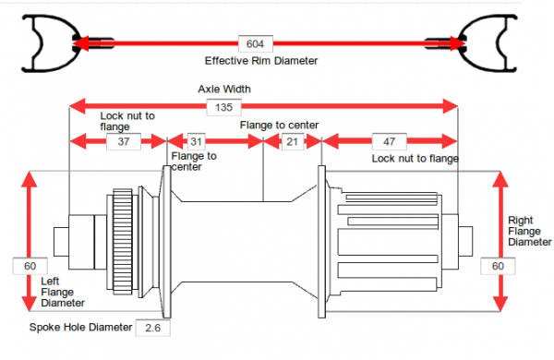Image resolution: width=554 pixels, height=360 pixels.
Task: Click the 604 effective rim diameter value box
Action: [x=256, y=43]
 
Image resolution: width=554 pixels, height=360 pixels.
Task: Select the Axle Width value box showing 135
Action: [x=223, y=107]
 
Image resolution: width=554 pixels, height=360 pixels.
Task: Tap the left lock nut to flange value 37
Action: [x=124, y=141]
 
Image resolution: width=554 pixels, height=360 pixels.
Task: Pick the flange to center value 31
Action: [x=196, y=141]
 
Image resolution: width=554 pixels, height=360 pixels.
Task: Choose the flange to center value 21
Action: [x=293, y=141]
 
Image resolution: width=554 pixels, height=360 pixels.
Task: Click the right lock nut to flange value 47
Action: [x=390, y=141]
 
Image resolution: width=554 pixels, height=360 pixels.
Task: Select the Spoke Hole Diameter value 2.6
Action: [x=152, y=328]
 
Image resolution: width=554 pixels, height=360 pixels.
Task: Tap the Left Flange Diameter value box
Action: [x=30, y=266]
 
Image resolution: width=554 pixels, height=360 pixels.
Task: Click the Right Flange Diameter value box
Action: [x=498, y=266]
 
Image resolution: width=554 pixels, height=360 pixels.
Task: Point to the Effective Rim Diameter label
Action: [x=261, y=61]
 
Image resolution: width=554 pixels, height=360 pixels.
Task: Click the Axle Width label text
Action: [x=224, y=89]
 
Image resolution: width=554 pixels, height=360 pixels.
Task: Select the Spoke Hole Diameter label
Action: [x=80, y=327]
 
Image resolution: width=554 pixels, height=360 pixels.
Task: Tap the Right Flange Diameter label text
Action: [x=530, y=231]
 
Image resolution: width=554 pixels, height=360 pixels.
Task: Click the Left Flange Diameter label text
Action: [x=63, y=293]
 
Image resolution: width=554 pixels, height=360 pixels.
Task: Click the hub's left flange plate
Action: [x=166, y=242]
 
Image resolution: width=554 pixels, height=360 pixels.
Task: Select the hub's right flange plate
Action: [x=321, y=242]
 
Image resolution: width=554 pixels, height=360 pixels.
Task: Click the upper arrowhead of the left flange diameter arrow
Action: [x=30, y=179]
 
